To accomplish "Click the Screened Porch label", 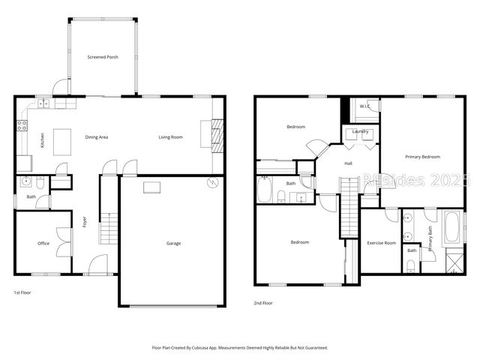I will (103, 57).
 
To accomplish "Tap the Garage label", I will (173, 243).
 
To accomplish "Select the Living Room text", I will (171, 137).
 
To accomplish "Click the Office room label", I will (43, 244).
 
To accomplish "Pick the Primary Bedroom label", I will (422, 157).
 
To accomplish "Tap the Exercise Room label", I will (381, 244).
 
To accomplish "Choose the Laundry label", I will (360, 132).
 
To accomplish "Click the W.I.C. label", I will (365, 106).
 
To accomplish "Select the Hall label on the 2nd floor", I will (348, 163).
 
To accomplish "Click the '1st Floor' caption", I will (23, 292).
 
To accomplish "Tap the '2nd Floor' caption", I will (263, 302).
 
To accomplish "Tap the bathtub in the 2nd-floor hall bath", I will (265, 190).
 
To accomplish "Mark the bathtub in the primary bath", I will (452, 227).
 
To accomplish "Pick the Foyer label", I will (84, 222).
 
